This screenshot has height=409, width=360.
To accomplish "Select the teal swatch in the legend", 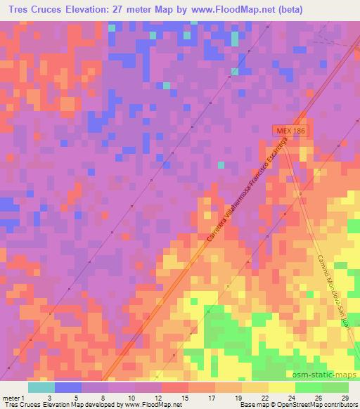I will [x=41, y=387].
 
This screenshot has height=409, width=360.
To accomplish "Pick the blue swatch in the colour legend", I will [x=68, y=387].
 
